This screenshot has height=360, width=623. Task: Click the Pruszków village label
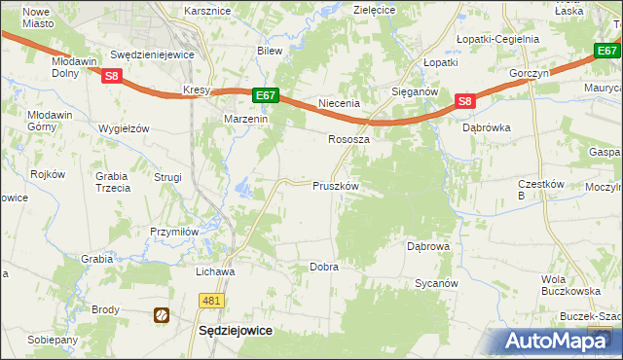[x=336, y=186]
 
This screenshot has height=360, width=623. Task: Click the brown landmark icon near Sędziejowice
[x=162, y=315]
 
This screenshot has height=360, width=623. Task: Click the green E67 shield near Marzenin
[x=267, y=95]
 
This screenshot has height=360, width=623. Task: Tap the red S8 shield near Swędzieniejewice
[x=113, y=75]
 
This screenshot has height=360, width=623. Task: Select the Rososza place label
[x=348, y=139]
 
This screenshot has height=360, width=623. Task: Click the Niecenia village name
[x=340, y=103]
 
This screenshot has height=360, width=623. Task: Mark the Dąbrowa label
[x=428, y=246]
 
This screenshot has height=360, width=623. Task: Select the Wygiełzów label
[x=124, y=128]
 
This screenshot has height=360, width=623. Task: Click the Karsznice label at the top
[x=205, y=11]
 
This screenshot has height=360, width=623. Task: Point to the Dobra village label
[x=323, y=266]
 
